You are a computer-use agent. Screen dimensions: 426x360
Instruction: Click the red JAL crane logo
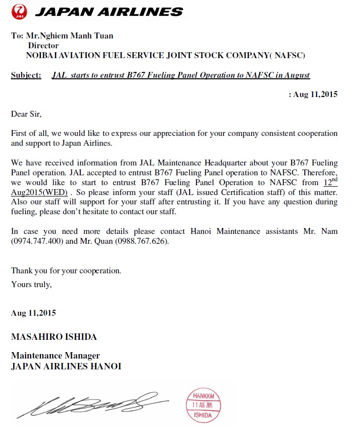[x=20, y=10]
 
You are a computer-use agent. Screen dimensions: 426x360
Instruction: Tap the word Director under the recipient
[x=43, y=45]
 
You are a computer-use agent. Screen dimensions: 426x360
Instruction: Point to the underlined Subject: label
[x=26, y=75]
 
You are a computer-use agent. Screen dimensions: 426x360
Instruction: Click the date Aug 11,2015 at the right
[x=315, y=95]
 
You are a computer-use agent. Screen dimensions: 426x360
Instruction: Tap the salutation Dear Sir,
[x=27, y=114]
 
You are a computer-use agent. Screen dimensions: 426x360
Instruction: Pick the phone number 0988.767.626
[x=142, y=242]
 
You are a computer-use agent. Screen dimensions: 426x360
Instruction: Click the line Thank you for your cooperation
[x=66, y=271]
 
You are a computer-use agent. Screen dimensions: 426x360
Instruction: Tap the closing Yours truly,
[x=31, y=284]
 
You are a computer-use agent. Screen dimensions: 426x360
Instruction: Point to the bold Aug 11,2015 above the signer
[x=33, y=313]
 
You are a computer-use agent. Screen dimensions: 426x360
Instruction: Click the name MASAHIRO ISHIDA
[x=54, y=337]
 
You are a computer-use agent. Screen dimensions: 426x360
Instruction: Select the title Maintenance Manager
[x=56, y=356]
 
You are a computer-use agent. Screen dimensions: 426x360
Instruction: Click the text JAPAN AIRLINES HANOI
[x=66, y=366]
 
